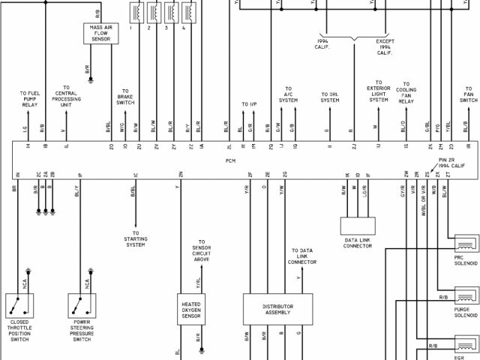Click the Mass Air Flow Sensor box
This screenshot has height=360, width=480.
coord(101,33)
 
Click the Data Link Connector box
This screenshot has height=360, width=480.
coord(356,226)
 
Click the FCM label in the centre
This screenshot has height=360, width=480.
coord(231,160)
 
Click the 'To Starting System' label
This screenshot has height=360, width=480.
coord(136,240)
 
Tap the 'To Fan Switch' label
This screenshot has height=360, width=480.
coord(468,94)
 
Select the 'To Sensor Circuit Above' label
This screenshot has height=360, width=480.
coord(201,253)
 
